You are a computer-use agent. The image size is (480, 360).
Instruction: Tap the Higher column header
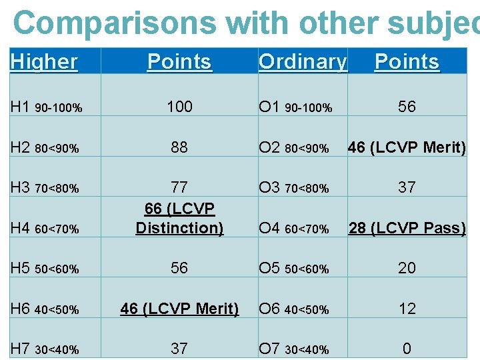[x=44, y=62]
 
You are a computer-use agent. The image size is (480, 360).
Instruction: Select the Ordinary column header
[x=303, y=62]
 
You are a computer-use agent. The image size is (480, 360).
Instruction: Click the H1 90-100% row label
[x=47, y=107]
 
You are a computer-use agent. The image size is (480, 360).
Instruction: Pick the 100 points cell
[x=179, y=107]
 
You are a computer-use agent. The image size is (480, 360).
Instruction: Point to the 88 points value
[x=179, y=147]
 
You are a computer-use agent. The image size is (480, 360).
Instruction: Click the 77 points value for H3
[x=179, y=187]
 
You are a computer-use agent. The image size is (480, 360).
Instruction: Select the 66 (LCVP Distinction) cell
[x=179, y=218]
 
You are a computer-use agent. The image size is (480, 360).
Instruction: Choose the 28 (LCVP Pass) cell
[x=407, y=228]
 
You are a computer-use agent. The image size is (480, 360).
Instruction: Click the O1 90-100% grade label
[x=295, y=107]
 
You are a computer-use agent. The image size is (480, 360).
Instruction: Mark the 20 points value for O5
[x=407, y=268]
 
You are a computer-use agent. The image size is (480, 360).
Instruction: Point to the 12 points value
[x=407, y=309]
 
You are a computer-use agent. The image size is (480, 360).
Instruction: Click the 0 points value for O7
[x=407, y=349]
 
